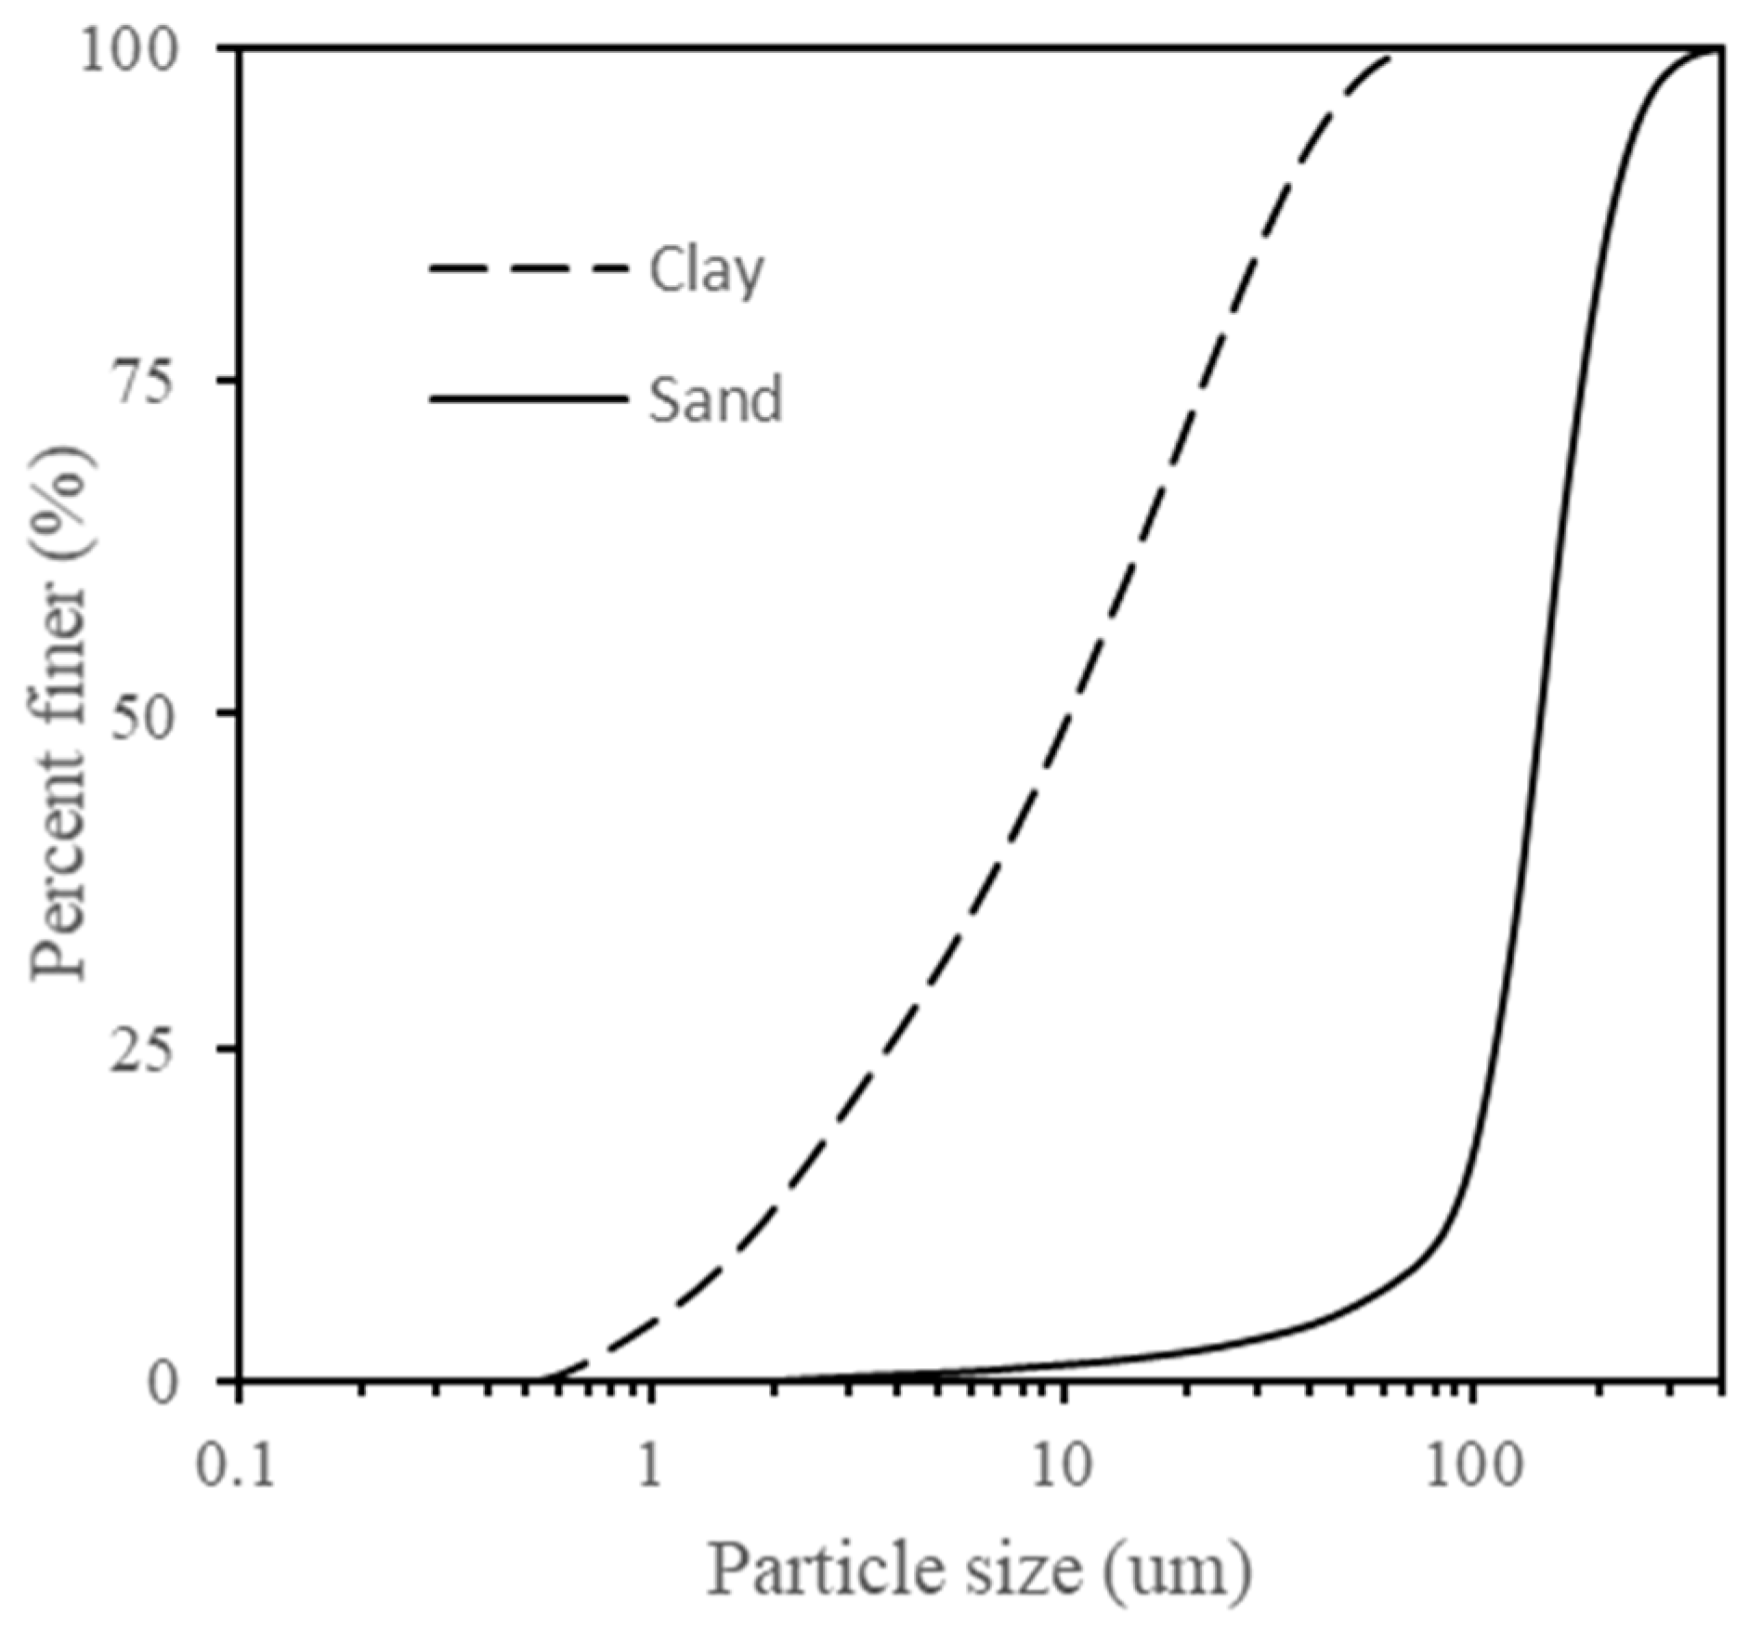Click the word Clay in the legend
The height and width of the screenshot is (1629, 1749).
pos(706,272)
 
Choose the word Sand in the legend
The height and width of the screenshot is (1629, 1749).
pos(715,400)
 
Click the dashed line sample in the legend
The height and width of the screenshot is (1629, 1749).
pos(528,269)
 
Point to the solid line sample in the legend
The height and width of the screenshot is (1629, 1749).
pos(528,399)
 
